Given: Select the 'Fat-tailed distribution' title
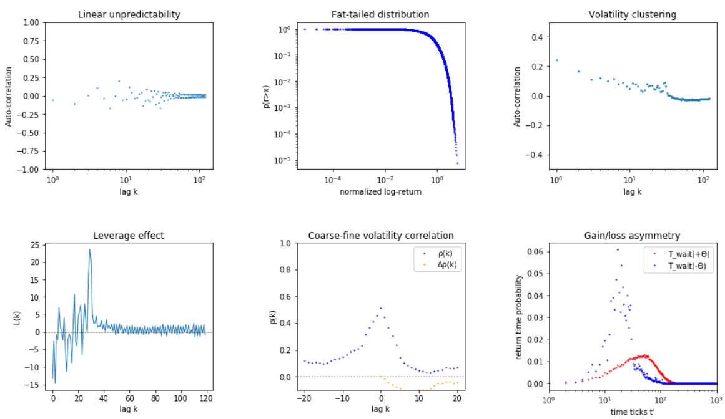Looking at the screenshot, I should click(380, 14).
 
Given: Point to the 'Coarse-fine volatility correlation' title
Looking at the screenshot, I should click(380, 236).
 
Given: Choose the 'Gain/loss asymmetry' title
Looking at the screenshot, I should click(632, 236).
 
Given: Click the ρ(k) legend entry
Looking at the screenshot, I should click(441, 255).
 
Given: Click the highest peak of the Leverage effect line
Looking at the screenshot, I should click(90, 250).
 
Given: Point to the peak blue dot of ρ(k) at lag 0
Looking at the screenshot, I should click(381, 308).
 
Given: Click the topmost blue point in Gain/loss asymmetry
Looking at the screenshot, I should click(618, 249).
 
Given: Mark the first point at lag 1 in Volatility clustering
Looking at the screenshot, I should click(556, 60).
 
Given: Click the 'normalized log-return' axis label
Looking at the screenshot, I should click(380, 192).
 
